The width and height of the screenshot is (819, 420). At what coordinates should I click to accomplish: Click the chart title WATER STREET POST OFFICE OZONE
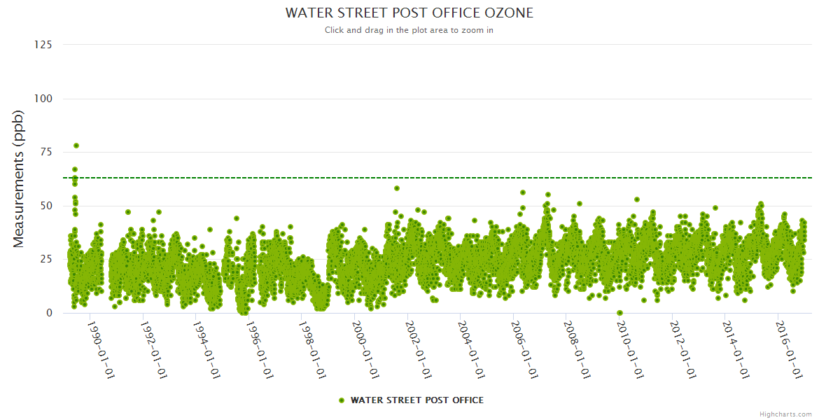[x=409, y=13]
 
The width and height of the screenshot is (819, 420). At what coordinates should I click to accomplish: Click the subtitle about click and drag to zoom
[x=409, y=30]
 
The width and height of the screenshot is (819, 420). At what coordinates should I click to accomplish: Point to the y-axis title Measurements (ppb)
[x=19, y=179]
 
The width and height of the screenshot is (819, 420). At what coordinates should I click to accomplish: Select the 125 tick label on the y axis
[x=43, y=45]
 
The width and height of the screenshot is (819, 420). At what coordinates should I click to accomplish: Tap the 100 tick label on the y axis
[x=43, y=99]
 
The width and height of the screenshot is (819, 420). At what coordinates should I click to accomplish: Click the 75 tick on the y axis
[x=45, y=152]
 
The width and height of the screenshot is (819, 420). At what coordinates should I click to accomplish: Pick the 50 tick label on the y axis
[x=45, y=206]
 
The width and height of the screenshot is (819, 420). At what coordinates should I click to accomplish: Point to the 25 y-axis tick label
[x=45, y=259]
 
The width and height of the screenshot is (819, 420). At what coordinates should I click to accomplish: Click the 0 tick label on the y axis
[x=48, y=313]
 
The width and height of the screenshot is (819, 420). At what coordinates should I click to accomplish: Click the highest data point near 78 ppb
[x=76, y=146]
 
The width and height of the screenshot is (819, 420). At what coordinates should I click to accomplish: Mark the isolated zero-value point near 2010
[x=619, y=313]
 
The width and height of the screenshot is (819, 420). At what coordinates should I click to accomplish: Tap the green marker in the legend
[x=342, y=400]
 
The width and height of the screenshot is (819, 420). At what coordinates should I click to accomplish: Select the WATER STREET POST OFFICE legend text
[x=416, y=400]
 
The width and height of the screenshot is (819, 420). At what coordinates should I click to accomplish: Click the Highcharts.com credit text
[x=785, y=414]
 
